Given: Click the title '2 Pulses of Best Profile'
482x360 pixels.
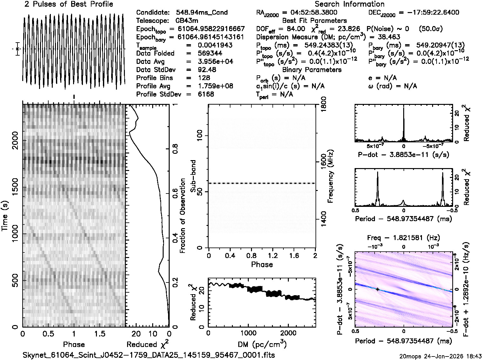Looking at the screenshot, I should coord(69,4).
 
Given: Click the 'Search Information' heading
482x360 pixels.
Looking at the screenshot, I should coord(350,4).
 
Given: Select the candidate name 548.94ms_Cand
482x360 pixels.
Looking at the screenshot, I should coord(202,13).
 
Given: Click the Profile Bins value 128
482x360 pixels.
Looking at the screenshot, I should coord(204,78).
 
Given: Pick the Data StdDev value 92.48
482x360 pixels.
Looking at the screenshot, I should coord(207,70).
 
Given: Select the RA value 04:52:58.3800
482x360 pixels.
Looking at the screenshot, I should coord(310,13).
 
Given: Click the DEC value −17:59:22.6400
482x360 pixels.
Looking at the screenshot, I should coord(429,13).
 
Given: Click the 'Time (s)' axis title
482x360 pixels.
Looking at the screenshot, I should coord(5,216).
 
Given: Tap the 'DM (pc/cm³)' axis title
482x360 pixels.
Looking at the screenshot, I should coord(262,344).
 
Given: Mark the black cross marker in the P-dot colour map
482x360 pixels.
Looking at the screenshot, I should coord(377,289).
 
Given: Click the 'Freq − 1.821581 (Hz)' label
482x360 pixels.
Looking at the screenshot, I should coord(404,238).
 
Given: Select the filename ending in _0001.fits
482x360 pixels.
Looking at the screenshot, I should coord(149,355).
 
